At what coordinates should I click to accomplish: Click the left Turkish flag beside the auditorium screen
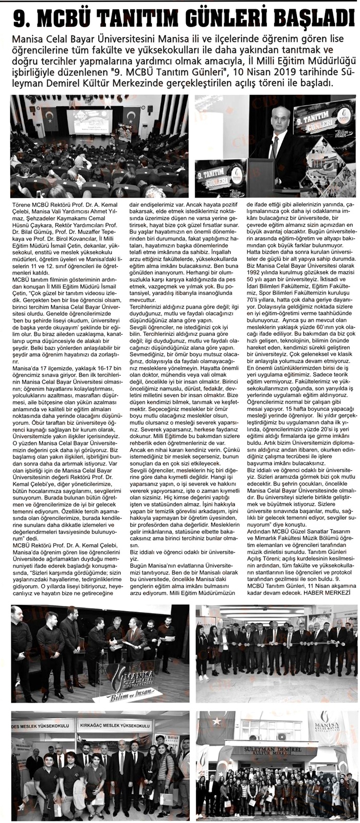click(50, 119)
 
